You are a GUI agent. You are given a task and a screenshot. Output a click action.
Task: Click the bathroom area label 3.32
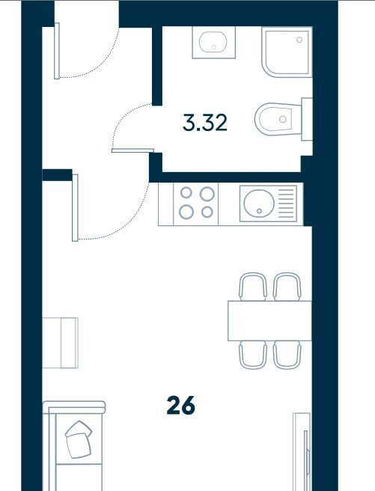(x=205, y=123)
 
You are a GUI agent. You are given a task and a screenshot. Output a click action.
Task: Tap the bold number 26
(x=181, y=405)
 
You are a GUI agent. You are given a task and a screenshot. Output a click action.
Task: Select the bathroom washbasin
(x=213, y=42)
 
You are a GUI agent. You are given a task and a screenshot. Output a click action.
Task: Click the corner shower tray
(x=287, y=52)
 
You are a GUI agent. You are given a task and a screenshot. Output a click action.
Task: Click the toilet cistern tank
(x=307, y=119)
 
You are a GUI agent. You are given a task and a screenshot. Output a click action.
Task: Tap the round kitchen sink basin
(x=259, y=204)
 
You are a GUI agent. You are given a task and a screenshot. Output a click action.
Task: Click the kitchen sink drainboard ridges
(x=286, y=204)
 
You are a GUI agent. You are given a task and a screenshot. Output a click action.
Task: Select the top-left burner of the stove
(x=186, y=192)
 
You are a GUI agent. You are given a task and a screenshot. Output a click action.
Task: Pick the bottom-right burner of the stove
(x=207, y=213)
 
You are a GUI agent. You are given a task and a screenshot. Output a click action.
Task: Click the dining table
(x=269, y=320)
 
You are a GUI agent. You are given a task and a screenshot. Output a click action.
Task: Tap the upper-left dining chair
(x=253, y=287)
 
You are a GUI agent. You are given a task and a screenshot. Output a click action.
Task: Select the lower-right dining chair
(x=287, y=355)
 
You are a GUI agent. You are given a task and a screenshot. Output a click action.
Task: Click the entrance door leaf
(x=57, y=51)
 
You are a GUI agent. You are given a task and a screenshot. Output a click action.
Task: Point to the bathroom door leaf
(x=132, y=150)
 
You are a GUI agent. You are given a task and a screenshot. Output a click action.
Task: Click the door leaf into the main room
(x=75, y=208)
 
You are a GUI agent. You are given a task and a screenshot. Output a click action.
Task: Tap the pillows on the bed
(x=79, y=439)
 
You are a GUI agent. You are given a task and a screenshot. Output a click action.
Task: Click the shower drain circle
(x=299, y=40)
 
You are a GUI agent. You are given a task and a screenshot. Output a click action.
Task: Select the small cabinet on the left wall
(x=60, y=343)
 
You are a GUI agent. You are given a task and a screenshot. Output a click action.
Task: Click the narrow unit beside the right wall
(x=302, y=451)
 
